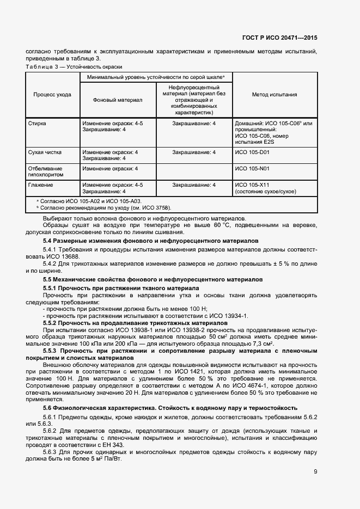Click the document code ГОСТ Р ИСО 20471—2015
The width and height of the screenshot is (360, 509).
pyautogui.click(x=279, y=38)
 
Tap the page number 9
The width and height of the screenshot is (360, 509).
pyautogui.click(x=315, y=471)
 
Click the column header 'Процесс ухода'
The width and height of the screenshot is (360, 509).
pyautogui.click(x=52, y=95)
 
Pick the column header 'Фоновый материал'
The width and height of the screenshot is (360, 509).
pyautogui.click(x=118, y=100)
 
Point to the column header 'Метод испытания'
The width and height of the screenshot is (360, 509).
pyautogui.click(x=274, y=95)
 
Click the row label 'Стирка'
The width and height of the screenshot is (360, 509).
pyautogui.click(x=37, y=124)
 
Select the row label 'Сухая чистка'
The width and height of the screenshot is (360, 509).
pyautogui.click(x=43, y=152)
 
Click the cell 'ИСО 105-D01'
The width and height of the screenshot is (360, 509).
pyautogui.click(x=252, y=152)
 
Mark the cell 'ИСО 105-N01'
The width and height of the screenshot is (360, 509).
pyautogui.click(x=252, y=169)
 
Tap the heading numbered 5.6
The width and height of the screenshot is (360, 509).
pyautogui.click(x=170, y=408)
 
